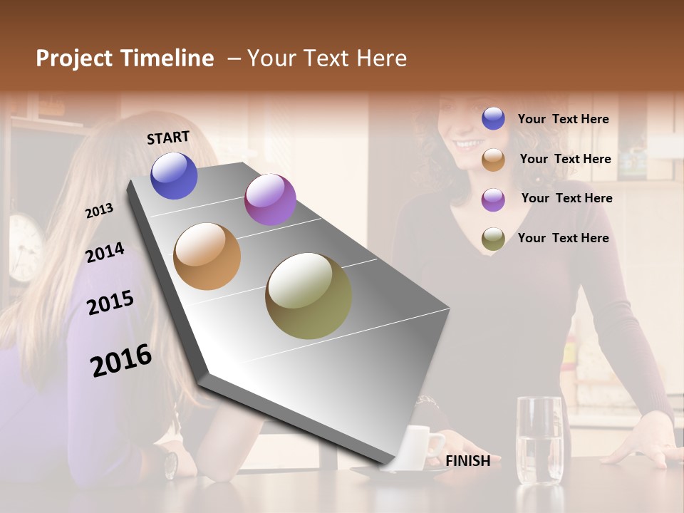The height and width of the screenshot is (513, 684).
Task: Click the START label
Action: click(168, 138)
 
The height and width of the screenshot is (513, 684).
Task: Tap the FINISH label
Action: click(468, 461)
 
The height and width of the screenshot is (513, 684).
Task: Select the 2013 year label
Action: click(99, 210)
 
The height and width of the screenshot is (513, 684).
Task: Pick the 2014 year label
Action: click(105, 252)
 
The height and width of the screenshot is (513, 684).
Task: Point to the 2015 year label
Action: click(110, 303)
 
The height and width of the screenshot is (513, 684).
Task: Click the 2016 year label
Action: click(121, 361)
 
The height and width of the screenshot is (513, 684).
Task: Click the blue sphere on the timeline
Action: click(175, 175)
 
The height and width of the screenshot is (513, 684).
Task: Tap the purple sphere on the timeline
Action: click(270, 199)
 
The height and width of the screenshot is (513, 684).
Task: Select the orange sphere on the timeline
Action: click(207, 256)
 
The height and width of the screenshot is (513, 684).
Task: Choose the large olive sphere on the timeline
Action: click(309, 296)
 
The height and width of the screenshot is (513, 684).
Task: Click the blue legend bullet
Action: click(493, 118)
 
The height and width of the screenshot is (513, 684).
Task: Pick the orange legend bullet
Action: click(493, 160)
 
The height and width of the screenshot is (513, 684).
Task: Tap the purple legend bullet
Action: click(493, 199)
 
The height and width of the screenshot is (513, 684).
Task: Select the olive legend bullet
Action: click(493, 239)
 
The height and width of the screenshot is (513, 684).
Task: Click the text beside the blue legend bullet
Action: click(563, 119)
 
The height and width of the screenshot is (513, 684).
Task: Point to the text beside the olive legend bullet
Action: click(563, 238)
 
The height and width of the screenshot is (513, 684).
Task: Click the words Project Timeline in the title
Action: click(125, 58)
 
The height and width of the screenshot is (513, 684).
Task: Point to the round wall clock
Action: click(25, 246)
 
